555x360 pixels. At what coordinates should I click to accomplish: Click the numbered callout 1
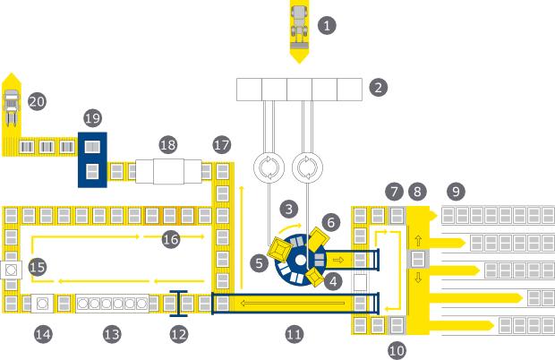coord(329,24)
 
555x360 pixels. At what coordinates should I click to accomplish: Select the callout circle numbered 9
coord(456,191)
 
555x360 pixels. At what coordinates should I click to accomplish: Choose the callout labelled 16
coord(171,237)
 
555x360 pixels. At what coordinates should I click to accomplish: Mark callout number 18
coord(167,144)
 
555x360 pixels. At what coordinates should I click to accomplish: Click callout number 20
coord(37,101)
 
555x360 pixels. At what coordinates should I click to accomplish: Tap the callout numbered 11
coord(294,334)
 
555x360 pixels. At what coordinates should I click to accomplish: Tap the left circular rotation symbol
coord(268,167)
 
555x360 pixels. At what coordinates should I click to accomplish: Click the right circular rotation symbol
coord(307,167)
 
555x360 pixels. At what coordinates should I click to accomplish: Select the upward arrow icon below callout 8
coord(417,241)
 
